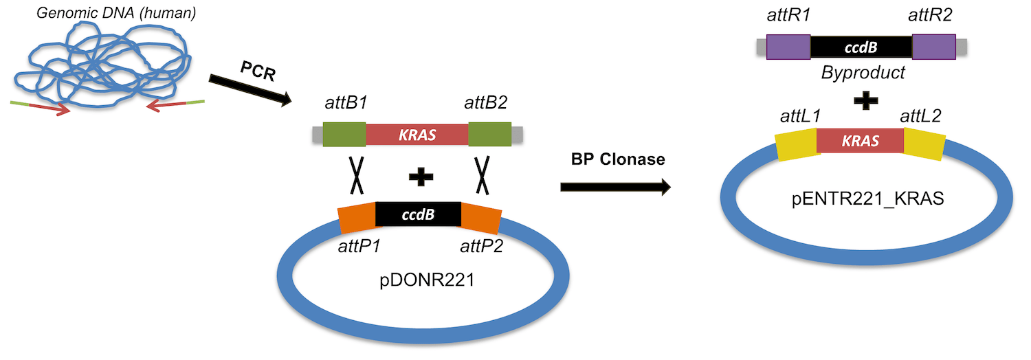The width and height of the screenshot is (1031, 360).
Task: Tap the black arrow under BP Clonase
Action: tap(614, 186)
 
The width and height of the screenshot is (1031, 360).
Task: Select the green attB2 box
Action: tap(489, 134)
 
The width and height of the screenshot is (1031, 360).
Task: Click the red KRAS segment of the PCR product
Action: tap(417, 134)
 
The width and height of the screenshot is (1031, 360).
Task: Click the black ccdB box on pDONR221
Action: tap(418, 214)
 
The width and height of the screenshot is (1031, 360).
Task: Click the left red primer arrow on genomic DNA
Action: tap(49, 107)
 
